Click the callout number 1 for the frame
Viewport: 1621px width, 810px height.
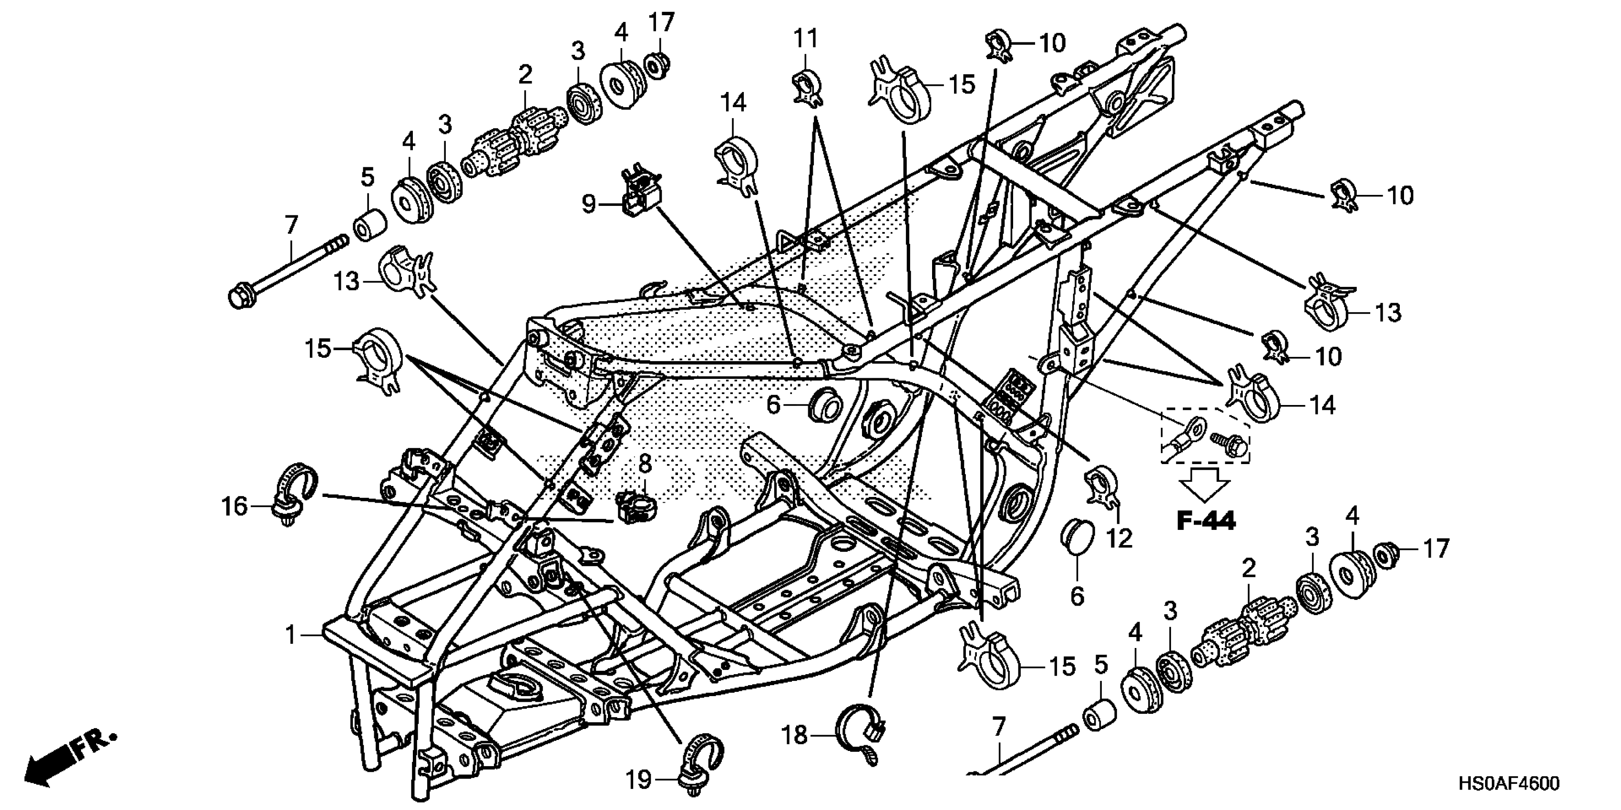pos(290,635)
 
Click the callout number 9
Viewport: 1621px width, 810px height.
pos(588,204)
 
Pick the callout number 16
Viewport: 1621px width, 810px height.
pos(234,506)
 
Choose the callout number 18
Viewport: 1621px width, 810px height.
pos(794,735)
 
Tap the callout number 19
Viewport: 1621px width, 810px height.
pos(638,780)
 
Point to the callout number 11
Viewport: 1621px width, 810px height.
pos(805,39)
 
